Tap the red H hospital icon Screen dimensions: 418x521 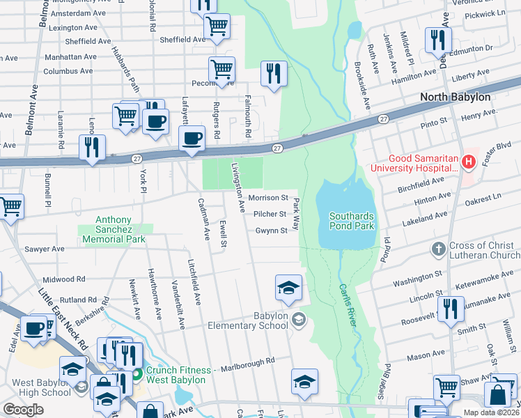(x=469, y=162)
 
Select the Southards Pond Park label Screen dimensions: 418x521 (x=351, y=221)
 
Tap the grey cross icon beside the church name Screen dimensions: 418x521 (x=438, y=247)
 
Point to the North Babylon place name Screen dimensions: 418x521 (x=455, y=97)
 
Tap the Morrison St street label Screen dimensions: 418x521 (x=267, y=199)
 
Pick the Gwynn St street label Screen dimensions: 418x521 (x=270, y=231)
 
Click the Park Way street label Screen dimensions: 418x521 (x=296, y=213)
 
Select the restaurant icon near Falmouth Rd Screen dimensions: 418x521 (x=273, y=74)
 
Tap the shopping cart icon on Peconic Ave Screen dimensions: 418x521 (x=221, y=69)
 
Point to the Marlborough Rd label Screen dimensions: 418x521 (x=248, y=361)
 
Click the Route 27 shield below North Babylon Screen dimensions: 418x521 (x=384, y=120)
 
